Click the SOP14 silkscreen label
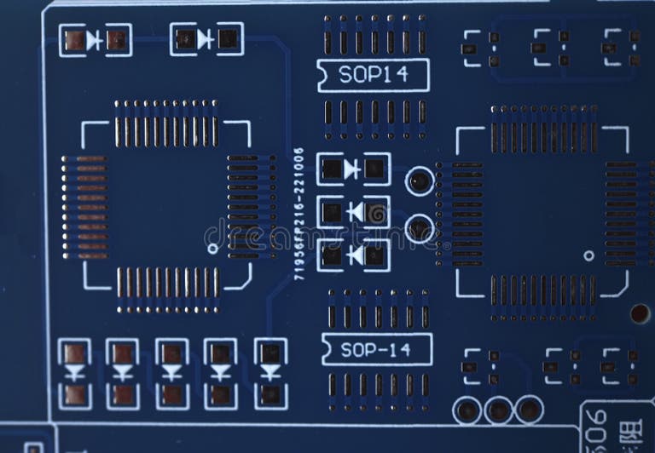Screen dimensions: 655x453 tap(373, 75)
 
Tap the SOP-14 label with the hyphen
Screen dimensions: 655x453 tap(376, 349)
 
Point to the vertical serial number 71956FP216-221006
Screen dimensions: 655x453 tap(299, 214)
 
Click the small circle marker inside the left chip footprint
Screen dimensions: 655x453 tap(212, 249)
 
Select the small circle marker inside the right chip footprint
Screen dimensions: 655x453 tap(588, 255)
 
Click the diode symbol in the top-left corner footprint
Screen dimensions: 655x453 tap(95, 39)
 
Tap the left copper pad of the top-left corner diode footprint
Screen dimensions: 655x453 tap(75, 40)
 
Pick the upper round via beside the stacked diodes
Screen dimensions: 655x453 tap(419, 181)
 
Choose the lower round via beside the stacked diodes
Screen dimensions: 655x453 tap(419, 228)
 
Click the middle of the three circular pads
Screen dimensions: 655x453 tap(498, 410)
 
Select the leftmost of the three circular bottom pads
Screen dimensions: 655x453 tap(467, 410)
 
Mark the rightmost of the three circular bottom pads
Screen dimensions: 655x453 tap(529, 410)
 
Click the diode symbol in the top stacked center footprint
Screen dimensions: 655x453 tap(352, 169)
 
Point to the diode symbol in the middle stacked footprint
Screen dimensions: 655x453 tap(354, 211)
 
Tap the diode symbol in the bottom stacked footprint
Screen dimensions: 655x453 tap(354, 254)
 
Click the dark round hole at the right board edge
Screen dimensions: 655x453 tap(641, 313)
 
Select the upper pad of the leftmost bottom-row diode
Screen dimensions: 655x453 tap(75, 353)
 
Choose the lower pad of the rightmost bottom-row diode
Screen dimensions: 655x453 tap(270, 394)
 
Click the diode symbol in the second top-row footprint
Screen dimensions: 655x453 tap(206, 39)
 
